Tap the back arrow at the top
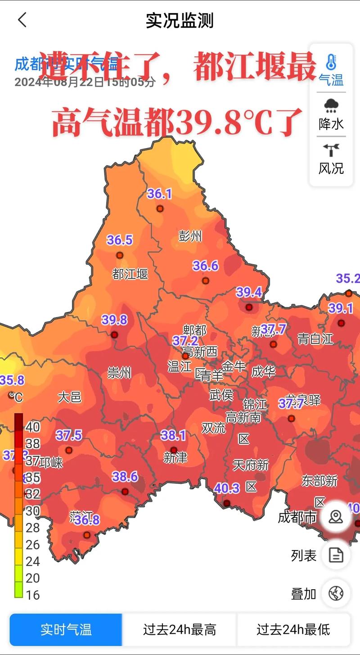tap(22, 20)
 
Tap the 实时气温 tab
tap(66, 629)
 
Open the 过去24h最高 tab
tap(180, 629)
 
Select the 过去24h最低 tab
tap(293, 629)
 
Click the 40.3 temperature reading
tap(227, 488)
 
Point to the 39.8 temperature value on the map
tap(114, 320)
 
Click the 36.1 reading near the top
tap(160, 194)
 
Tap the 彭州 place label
tap(190, 236)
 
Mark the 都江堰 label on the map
tap(130, 274)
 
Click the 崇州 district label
tap(119, 373)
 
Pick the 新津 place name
tap(175, 457)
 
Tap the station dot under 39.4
tap(249, 307)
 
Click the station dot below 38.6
tap(125, 492)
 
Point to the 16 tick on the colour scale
tap(32, 595)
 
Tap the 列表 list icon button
tap(336, 556)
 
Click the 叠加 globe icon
tap(336, 593)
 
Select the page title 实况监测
tap(180, 21)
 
